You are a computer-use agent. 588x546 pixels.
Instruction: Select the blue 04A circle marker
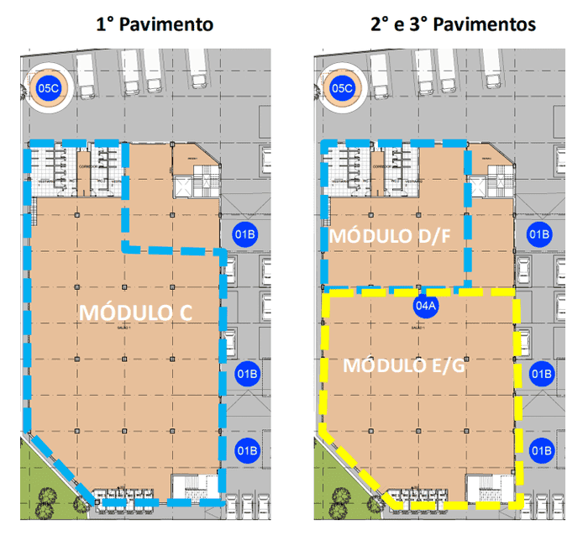(426, 306)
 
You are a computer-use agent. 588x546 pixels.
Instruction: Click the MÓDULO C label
(135, 312)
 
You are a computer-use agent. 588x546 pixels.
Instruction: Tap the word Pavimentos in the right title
(488, 24)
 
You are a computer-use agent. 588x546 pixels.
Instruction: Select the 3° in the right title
(427, 24)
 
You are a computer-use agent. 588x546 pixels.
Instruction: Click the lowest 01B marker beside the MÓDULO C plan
(245, 449)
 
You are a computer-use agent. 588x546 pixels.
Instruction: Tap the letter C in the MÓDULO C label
(186, 312)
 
